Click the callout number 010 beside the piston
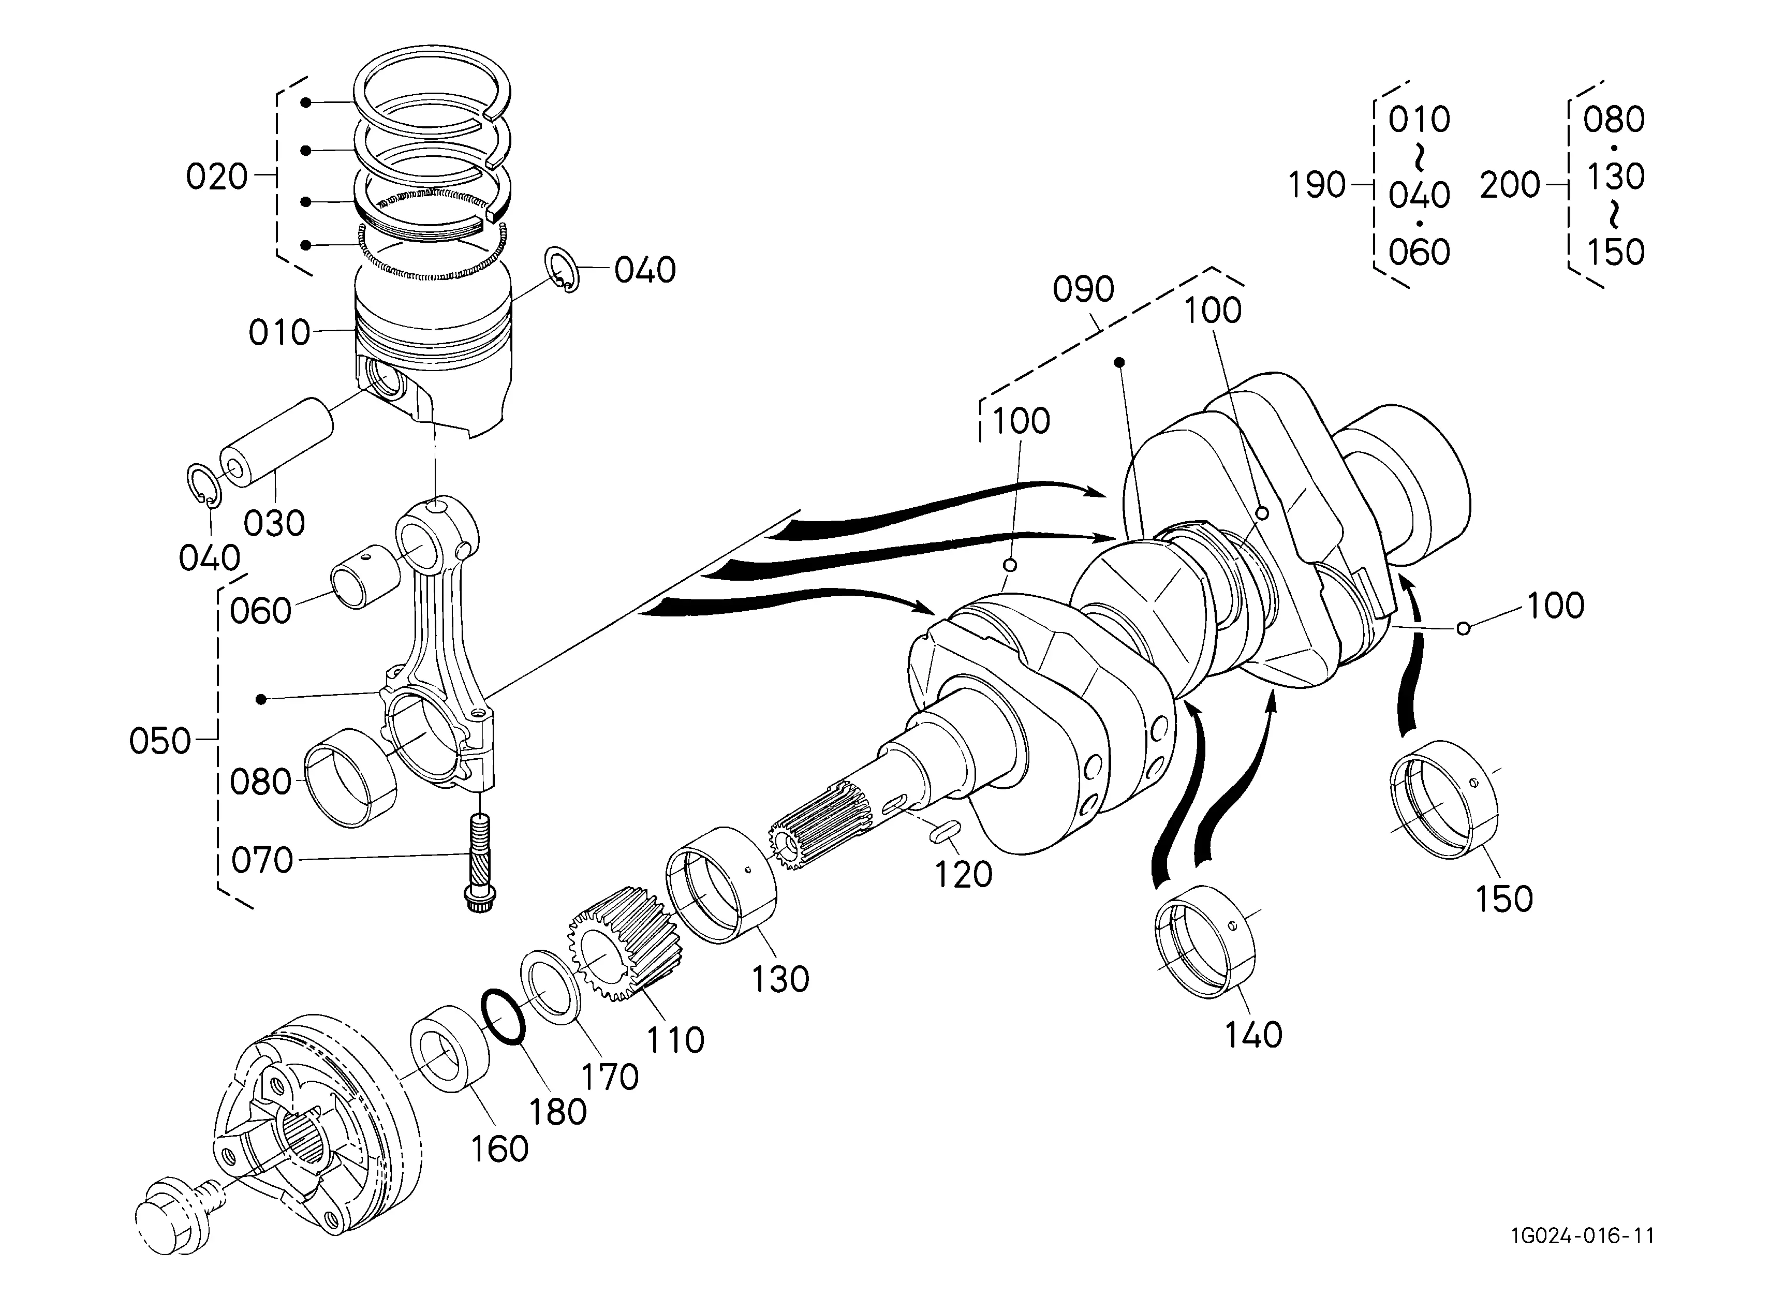(279, 333)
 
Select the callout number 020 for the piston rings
(216, 176)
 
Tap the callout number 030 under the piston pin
(274, 523)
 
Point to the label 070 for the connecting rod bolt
(262, 861)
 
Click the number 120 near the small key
(963, 874)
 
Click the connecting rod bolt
(479, 864)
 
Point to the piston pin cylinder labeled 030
(276, 445)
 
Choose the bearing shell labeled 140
(1205, 941)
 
